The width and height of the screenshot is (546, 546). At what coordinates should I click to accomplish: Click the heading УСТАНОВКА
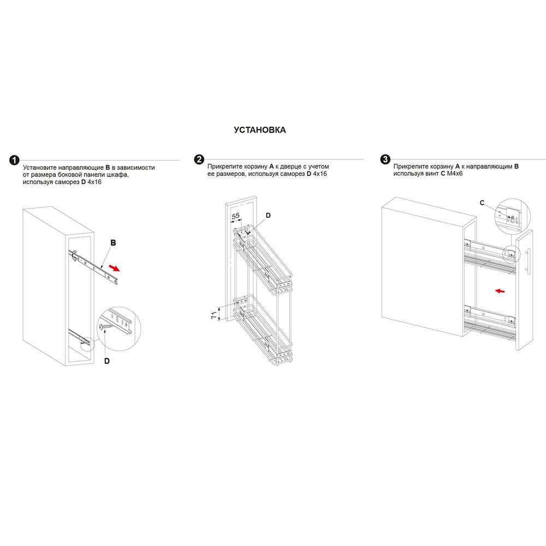[260, 130]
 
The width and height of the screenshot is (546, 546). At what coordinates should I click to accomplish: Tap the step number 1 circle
[14, 161]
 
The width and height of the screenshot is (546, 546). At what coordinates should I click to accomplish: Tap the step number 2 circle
[199, 159]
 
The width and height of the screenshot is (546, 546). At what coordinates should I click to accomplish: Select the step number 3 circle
[385, 159]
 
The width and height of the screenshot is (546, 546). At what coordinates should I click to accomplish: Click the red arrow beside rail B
[115, 268]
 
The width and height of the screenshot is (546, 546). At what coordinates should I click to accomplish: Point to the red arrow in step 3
[500, 291]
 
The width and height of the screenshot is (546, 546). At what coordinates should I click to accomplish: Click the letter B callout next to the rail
[113, 243]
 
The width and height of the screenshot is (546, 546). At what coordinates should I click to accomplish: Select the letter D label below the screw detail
[107, 361]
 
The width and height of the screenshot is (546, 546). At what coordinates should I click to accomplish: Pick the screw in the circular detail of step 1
[106, 327]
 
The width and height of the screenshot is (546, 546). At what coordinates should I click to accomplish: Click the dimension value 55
[236, 216]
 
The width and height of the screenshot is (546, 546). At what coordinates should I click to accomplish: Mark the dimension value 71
[214, 315]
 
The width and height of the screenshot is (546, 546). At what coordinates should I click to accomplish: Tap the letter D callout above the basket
[268, 216]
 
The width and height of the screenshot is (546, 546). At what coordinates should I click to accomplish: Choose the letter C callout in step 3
[482, 203]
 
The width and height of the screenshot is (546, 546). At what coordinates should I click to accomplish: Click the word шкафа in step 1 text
[118, 175]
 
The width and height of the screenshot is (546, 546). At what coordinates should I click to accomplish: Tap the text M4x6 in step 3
[455, 174]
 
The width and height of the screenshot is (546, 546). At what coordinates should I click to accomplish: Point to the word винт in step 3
[432, 174]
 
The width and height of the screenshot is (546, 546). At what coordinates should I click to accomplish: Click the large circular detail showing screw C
[512, 216]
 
